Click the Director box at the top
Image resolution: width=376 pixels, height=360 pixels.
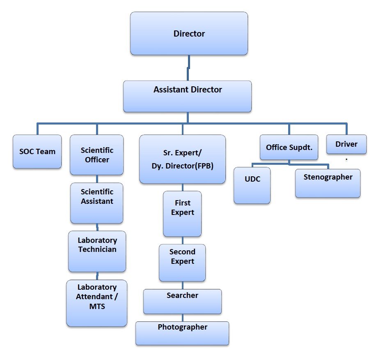pyautogui.click(x=189, y=33)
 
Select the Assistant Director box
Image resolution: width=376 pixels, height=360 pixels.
pyautogui.click(x=187, y=96)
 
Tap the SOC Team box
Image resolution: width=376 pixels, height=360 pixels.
pyautogui.click(x=37, y=152)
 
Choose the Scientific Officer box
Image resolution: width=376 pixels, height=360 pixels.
pyautogui.click(x=96, y=155)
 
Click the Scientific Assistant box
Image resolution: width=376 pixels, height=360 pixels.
pyautogui.click(x=96, y=203)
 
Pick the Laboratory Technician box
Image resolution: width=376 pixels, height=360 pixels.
pyautogui.click(x=97, y=251)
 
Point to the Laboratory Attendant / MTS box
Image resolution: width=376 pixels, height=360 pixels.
pyautogui.click(x=96, y=303)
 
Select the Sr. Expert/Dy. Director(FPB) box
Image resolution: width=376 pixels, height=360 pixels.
pyautogui.click(x=183, y=159)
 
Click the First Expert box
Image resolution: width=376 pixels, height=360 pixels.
pyautogui.click(x=182, y=214)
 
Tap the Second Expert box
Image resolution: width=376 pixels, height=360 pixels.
pyautogui.click(x=182, y=263)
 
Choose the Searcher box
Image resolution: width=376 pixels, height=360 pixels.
pyautogui.click(x=183, y=302)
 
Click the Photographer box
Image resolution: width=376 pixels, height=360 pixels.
pyautogui.click(x=182, y=333)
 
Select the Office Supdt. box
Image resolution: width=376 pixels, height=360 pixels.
pyautogui.click(x=289, y=147)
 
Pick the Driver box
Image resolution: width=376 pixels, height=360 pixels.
pyautogui.click(x=346, y=144)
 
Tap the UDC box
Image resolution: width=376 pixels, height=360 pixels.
pyautogui.click(x=252, y=185)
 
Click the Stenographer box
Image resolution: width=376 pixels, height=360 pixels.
pyautogui.click(x=328, y=183)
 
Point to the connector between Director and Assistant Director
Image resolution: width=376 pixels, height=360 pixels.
pyautogui.click(x=188, y=68)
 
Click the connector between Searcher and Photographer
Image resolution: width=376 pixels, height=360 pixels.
pyautogui.click(x=183, y=318)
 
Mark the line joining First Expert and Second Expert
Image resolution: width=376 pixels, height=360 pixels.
pyautogui.click(x=183, y=240)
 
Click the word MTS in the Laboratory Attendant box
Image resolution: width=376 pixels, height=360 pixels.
pyautogui.click(x=97, y=307)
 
